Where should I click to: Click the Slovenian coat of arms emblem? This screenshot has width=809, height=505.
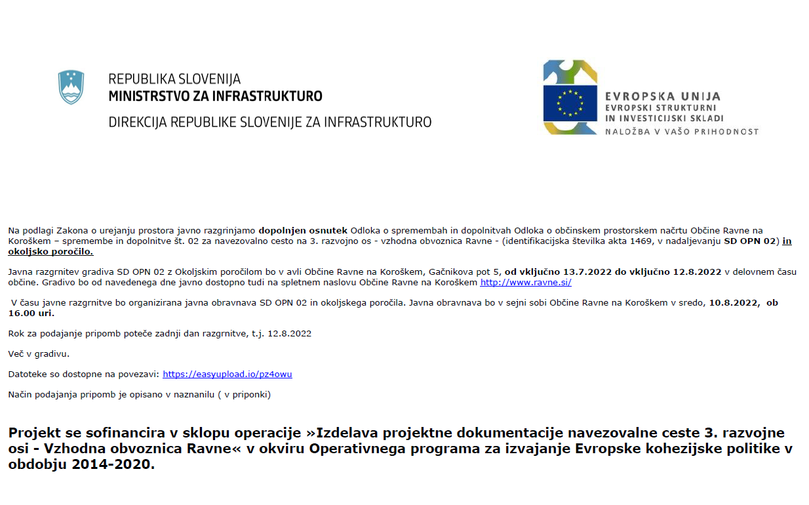[71, 87]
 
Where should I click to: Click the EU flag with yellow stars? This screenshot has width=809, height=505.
[569, 103]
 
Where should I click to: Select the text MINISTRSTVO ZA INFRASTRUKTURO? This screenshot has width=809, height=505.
[215, 96]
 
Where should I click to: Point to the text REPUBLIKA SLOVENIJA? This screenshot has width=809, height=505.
[174, 80]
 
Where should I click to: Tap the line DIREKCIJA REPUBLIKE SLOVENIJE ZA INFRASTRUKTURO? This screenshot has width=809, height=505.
[269, 122]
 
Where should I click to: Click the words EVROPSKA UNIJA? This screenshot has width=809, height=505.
[662, 96]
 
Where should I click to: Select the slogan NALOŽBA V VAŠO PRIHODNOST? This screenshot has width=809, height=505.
[682, 131]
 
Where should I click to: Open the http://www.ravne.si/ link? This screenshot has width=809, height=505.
[526, 282]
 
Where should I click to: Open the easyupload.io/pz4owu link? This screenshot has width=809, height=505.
[227, 374]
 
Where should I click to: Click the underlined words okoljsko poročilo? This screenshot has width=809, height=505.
[50, 251]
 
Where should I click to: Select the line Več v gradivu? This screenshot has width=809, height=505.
[39, 353]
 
